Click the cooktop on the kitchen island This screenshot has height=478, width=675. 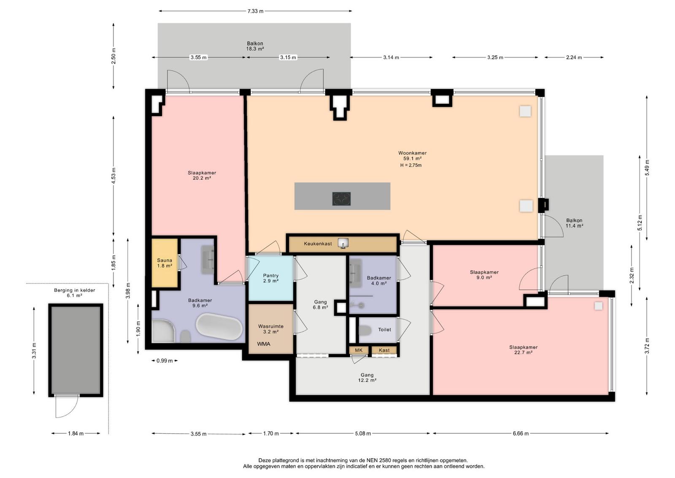[341, 199]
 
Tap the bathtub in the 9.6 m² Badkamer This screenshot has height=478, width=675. [219, 326]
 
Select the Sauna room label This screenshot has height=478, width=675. [165, 263]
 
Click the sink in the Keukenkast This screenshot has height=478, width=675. [343, 243]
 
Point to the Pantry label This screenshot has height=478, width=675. [270, 278]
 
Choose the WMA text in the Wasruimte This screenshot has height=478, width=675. [264, 344]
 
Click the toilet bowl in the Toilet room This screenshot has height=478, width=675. [365, 330]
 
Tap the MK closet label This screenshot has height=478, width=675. [359, 350]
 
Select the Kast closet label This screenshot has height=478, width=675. [384, 350]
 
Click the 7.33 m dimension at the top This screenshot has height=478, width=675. [255, 11]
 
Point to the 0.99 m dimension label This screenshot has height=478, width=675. [165, 361]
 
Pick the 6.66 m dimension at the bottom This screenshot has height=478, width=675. [521, 433]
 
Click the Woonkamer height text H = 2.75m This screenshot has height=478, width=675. [411, 165]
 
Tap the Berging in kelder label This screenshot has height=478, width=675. [74, 293]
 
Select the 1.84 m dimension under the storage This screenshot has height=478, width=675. [76, 433]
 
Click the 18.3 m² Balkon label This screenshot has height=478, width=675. [255, 46]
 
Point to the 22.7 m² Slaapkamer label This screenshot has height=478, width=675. [524, 350]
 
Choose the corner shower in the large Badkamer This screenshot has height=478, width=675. [163, 331]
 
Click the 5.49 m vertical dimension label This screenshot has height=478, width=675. [647, 168]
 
